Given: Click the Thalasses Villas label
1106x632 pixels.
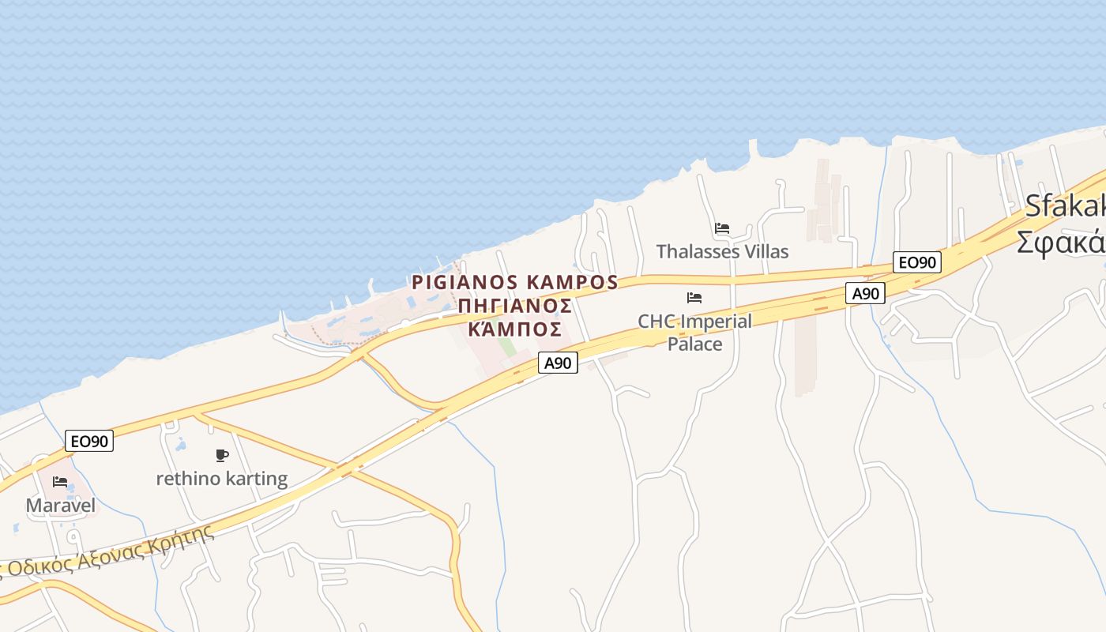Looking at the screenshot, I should coord(722,251).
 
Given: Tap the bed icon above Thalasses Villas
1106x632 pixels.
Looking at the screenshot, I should coord(722,228).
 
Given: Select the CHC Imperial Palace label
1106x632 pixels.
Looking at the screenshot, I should coord(694,333).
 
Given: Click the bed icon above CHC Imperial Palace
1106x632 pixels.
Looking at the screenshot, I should coord(694,298).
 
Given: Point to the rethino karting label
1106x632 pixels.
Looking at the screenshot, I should coord(222,479).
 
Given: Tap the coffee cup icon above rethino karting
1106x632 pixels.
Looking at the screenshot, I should coord(222,455).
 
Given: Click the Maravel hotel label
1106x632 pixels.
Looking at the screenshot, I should coord(61,506).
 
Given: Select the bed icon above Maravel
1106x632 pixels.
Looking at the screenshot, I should coord(60,481).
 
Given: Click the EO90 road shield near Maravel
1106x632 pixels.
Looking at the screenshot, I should coord(89,441).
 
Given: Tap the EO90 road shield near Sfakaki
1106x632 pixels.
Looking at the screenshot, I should coord(916,262).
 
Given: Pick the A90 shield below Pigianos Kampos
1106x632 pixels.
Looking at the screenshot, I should coord(559,363).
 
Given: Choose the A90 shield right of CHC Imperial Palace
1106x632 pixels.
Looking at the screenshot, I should coord(865,293).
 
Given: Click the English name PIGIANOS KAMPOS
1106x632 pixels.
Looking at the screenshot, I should coord(514,282).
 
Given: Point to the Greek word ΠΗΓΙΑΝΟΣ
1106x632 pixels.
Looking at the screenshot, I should coord(515,305).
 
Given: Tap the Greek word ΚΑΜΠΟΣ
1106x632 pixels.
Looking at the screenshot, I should coord(515,329).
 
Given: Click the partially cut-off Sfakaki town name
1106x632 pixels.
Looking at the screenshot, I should coord(1066,206).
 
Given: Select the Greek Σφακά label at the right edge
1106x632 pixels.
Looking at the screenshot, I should coord(1062,241).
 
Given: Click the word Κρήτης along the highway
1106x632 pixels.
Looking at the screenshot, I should coord(186,539).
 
